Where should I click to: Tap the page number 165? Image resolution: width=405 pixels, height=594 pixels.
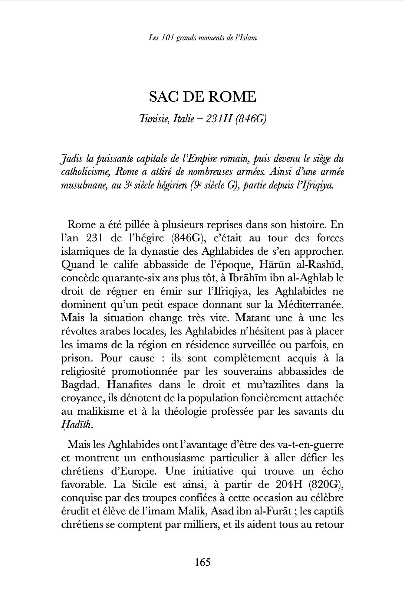[x=202, y=562]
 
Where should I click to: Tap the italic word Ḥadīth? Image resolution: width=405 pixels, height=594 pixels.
[x=76, y=425]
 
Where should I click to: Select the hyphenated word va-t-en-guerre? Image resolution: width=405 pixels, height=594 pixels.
[x=310, y=445]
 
